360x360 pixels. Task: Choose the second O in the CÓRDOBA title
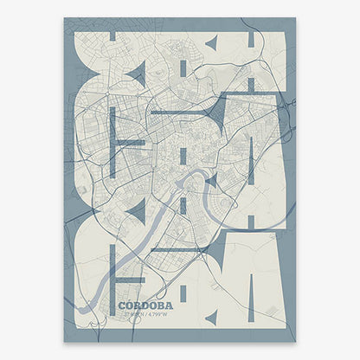152,305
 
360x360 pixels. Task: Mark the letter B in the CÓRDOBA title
161,305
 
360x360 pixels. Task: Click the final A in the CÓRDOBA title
170,305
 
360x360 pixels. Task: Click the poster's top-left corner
65,18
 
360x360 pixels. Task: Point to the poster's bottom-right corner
295,341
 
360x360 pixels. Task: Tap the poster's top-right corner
295,18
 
